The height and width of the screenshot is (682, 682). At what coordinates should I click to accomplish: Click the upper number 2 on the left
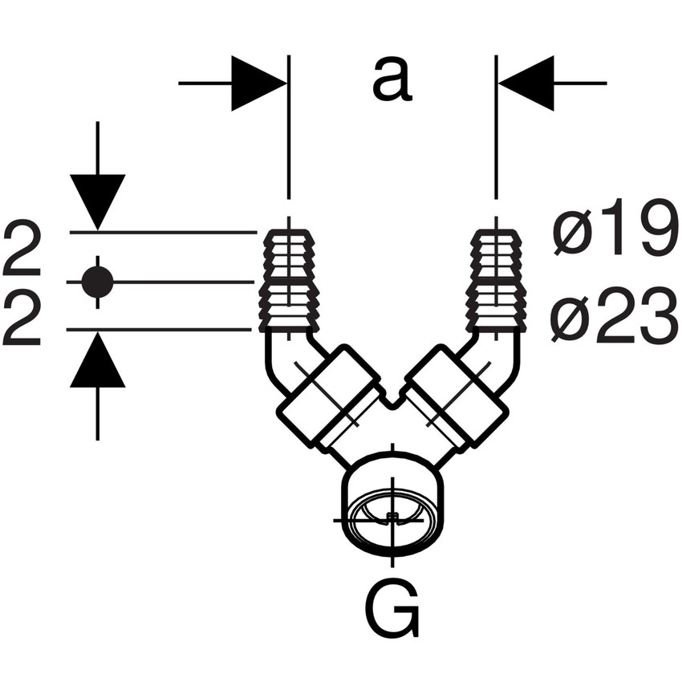point(22,250)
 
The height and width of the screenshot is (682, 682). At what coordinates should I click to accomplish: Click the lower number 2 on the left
point(22,320)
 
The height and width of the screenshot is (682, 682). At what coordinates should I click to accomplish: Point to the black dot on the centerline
point(98,282)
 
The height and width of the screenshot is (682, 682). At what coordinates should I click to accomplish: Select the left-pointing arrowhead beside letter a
point(527,83)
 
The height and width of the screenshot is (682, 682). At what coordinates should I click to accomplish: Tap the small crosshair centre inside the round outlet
point(392,518)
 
